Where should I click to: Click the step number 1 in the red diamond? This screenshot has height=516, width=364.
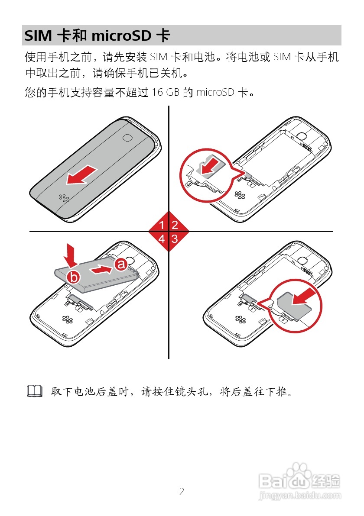pos(162,225)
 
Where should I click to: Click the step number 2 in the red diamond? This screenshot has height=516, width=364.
pos(175,225)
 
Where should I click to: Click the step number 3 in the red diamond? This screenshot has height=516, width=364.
pos(175,238)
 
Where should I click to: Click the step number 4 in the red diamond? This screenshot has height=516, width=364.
pos(162,238)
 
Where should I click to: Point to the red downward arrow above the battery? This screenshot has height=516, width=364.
pos(71,255)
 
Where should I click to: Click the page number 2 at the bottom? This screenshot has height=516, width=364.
pos(182,492)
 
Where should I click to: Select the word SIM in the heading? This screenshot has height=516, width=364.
pos(38,35)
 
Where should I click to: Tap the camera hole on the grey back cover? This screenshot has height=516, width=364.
pos(127,137)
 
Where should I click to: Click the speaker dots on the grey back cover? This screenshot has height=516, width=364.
pos(65,198)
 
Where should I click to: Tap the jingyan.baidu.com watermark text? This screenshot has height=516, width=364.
pos(299,493)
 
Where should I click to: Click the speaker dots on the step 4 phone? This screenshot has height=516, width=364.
pos(67,320)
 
